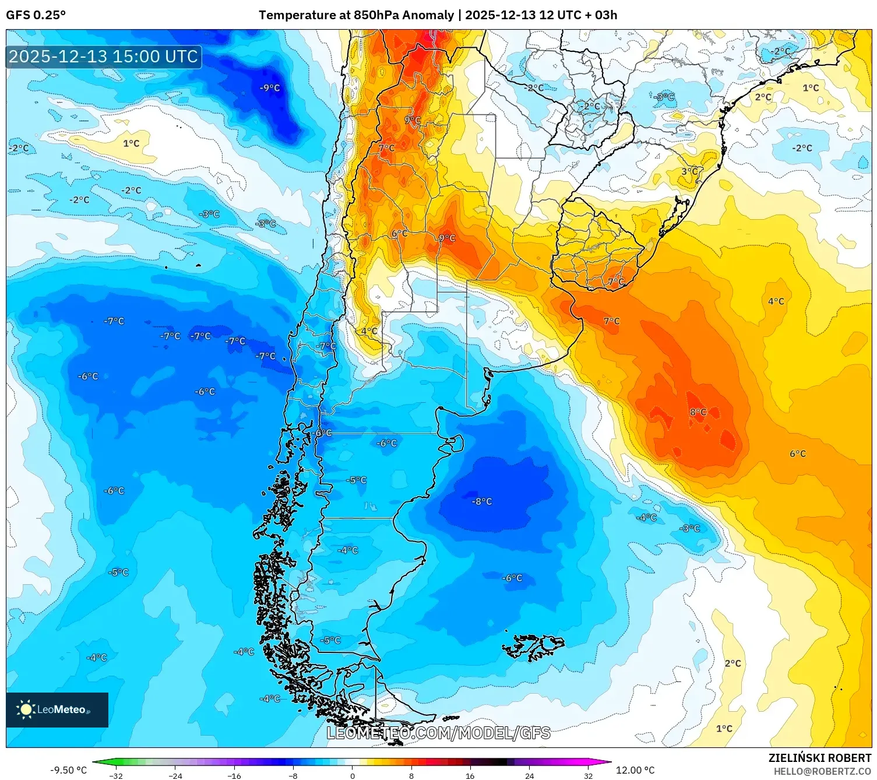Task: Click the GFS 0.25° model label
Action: tap(36, 15)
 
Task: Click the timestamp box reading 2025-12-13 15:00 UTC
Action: tap(104, 57)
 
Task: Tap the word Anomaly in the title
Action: tap(428, 15)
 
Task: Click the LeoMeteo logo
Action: tap(57, 709)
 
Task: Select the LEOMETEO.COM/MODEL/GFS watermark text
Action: tap(438, 733)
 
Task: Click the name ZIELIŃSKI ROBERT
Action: tap(819, 758)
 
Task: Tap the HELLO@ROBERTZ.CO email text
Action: tap(822, 771)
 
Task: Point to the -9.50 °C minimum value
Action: tap(68, 770)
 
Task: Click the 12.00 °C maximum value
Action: tap(635, 770)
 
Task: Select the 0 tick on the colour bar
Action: tap(352, 776)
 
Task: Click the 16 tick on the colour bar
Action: tap(470, 776)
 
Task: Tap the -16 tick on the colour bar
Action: tap(234, 776)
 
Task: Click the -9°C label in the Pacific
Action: tap(270, 88)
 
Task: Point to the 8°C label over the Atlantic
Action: tap(698, 412)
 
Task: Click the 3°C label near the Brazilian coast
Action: tap(689, 171)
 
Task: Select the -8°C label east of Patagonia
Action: tap(482, 501)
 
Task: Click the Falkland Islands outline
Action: tap(533, 646)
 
